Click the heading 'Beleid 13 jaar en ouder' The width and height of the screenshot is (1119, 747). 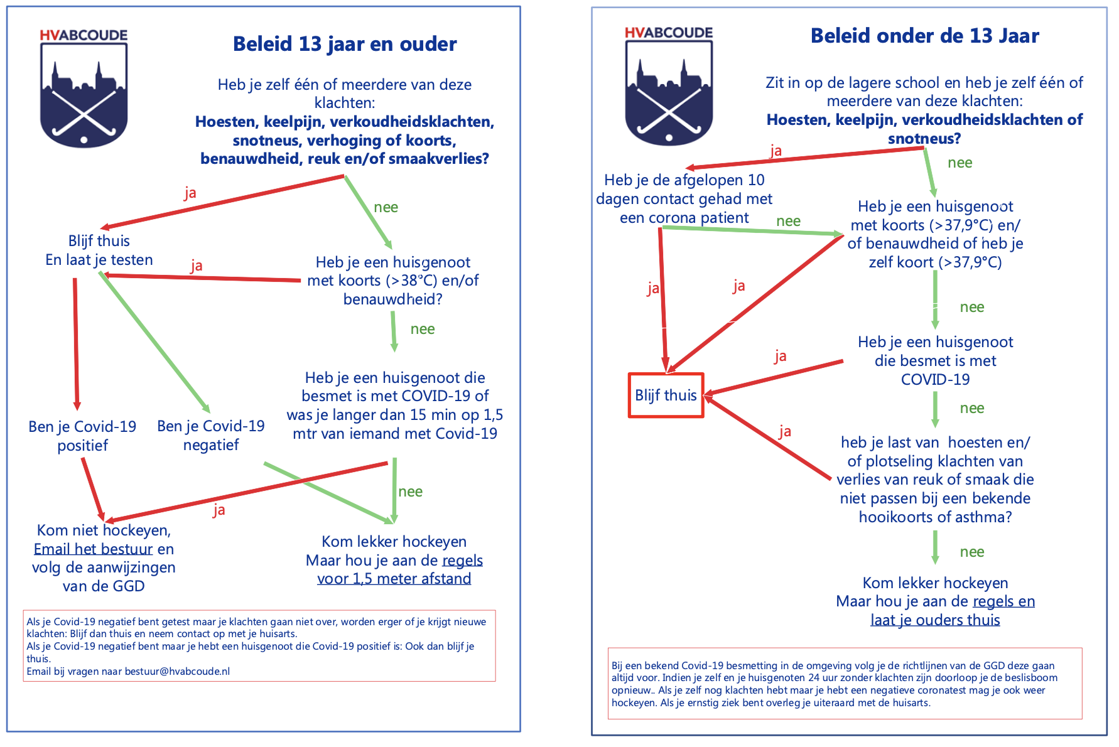pos(345,44)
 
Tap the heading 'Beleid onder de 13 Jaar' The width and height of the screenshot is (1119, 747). pos(924,36)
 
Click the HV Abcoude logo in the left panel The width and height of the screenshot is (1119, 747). pos(84,88)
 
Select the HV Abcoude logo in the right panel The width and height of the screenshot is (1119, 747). pos(669,86)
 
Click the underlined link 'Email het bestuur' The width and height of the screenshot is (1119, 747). pos(94,549)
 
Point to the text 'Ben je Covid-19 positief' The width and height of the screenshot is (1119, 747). pos(82,436)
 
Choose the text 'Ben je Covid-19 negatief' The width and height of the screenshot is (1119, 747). pos(211,435)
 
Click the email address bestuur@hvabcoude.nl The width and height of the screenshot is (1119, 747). pos(177,671)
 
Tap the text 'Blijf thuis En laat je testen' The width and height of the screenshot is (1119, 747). pos(99,250)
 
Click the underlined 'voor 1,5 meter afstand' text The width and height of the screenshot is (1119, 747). pos(394,579)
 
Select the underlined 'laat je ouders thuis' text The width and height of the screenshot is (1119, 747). pos(935,620)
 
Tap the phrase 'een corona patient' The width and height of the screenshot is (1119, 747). pos(684,218)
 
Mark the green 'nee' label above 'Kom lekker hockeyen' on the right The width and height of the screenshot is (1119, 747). pos(972,552)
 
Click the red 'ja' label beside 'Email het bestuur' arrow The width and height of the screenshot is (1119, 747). pos(219,510)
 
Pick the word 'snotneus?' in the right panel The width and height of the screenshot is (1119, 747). pos(924,139)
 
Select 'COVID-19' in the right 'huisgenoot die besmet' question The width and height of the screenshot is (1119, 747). pos(936,380)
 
